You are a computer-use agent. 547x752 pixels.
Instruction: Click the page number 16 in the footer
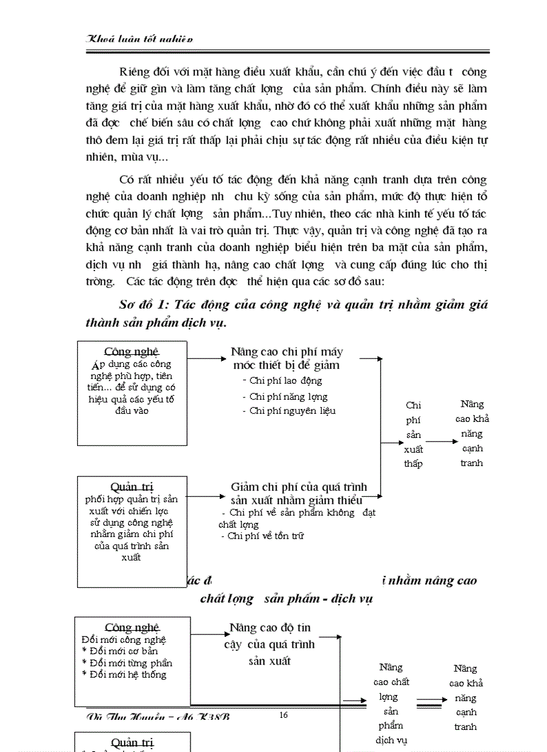(283, 715)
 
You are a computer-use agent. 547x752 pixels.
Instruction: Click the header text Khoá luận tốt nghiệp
(140, 40)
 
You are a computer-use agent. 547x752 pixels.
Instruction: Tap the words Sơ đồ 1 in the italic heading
(143, 304)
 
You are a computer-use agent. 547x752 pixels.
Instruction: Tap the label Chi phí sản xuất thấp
(414, 435)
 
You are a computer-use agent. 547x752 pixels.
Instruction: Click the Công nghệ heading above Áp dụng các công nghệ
(132, 352)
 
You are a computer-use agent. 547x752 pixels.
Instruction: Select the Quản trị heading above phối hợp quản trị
(132, 487)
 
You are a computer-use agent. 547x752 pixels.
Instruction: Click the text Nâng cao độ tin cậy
(269, 628)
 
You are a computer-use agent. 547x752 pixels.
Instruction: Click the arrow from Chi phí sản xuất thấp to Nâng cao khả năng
(442, 442)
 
